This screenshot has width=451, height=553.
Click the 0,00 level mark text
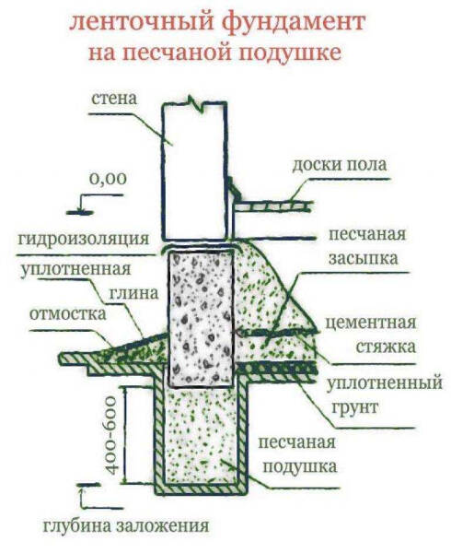point(108,178)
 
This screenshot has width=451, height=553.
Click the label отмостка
point(64,311)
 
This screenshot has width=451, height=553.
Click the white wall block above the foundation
point(194,171)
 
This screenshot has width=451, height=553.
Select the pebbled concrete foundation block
point(201,318)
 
